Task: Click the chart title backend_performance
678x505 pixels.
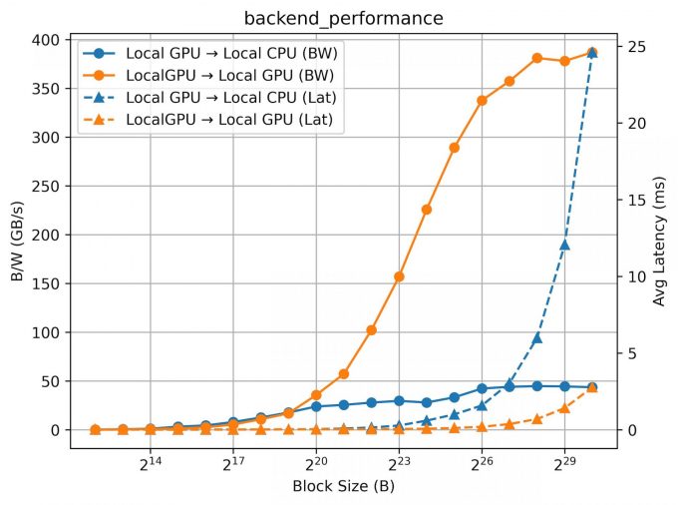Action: (345, 18)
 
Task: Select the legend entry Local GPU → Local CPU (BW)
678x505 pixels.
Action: (228, 52)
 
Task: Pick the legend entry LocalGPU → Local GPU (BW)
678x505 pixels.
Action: (228, 75)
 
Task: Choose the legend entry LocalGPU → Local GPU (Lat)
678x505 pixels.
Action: (228, 121)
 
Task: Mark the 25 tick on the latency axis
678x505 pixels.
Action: (636, 47)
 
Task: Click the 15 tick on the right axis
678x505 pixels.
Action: (636, 200)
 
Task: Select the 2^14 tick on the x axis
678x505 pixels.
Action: (151, 465)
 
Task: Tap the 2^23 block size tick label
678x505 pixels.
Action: (399, 465)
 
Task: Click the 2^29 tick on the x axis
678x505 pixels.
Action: (564, 465)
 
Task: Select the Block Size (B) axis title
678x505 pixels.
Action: (344, 487)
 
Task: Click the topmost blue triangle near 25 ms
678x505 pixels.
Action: (592, 51)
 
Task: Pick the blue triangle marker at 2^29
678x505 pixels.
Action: (564, 244)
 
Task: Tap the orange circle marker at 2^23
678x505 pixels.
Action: (399, 276)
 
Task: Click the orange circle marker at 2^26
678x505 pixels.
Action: (482, 100)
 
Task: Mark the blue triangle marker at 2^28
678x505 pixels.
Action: (536, 337)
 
